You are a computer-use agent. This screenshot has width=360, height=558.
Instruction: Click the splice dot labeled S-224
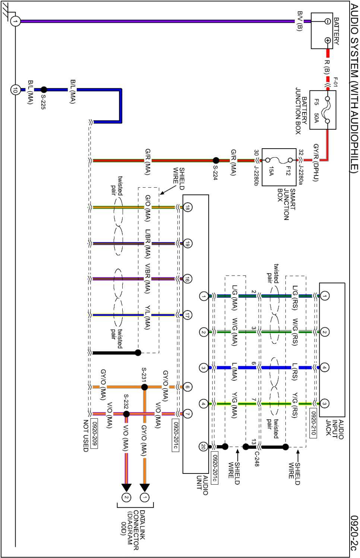pos(216,161)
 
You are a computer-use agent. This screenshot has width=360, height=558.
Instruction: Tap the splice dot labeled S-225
pos(44,89)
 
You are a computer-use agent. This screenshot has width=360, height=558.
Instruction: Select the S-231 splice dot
pos(145,387)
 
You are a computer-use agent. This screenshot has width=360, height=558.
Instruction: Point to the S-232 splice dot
pos(126,414)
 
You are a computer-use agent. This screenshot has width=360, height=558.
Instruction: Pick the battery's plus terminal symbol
pos(328,40)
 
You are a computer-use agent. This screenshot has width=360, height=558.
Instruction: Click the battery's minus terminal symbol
pos(328,21)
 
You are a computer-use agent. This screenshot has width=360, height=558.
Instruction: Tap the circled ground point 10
pos(15,89)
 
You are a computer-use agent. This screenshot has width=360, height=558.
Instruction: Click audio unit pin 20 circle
pos(203,447)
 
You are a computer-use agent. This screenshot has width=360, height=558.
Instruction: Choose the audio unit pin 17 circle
pos(187,315)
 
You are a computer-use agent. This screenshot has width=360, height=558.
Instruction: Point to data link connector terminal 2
pos(126,497)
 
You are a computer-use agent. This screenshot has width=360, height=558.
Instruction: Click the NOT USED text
pos(86,436)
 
